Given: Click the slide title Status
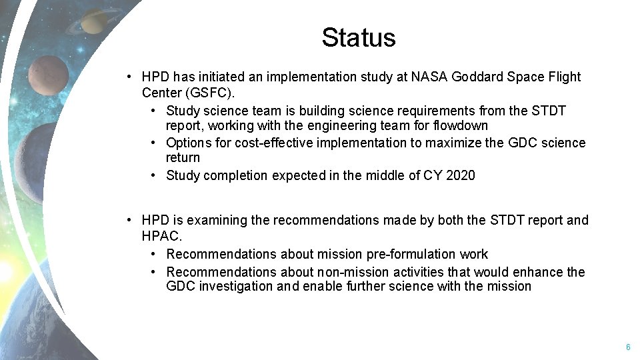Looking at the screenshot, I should [x=358, y=37].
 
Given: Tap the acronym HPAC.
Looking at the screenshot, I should [x=161, y=235].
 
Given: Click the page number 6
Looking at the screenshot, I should [x=627, y=347].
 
